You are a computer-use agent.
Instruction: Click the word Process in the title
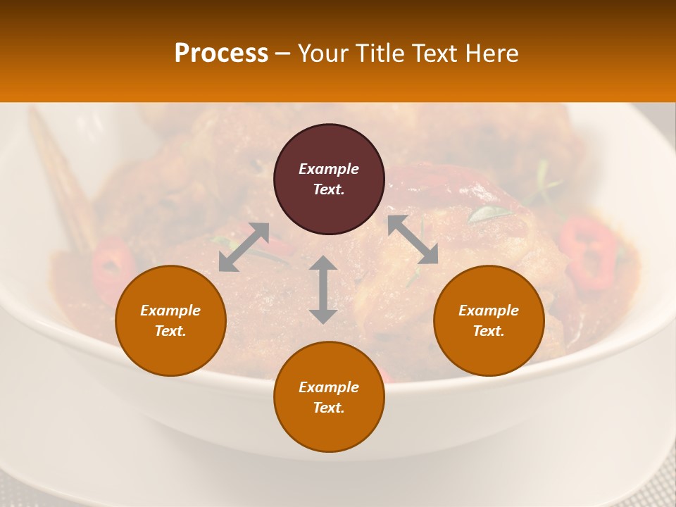click(221, 54)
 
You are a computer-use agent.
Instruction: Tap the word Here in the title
click(491, 54)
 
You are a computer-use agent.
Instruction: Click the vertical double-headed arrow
click(323, 289)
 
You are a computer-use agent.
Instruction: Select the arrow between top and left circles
click(244, 246)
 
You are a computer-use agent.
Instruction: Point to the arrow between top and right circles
click(413, 239)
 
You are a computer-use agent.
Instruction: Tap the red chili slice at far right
click(589, 252)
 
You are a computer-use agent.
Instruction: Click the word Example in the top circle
click(329, 169)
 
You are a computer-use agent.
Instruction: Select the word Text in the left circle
click(170, 331)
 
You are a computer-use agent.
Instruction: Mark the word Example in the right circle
click(489, 311)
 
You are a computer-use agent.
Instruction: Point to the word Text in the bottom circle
click(329, 408)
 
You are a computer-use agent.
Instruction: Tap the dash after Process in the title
click(282, 54)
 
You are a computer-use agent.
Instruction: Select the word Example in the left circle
click(170, 311)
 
